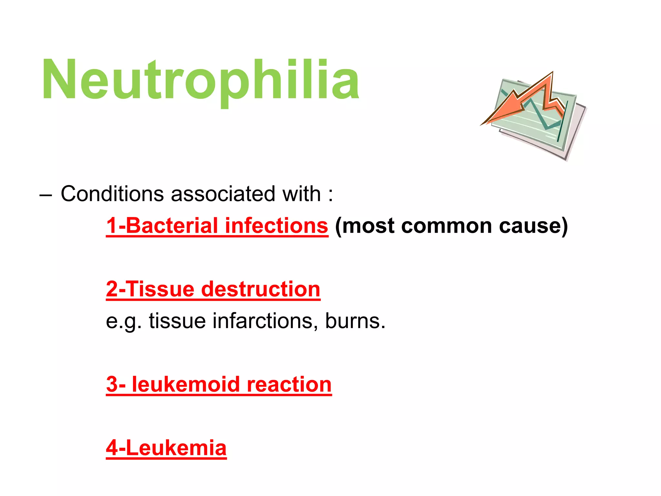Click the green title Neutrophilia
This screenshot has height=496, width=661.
tap(200, 80)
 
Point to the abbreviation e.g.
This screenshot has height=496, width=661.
tap(124, 321)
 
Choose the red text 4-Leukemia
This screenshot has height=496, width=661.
tap(166, 448)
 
